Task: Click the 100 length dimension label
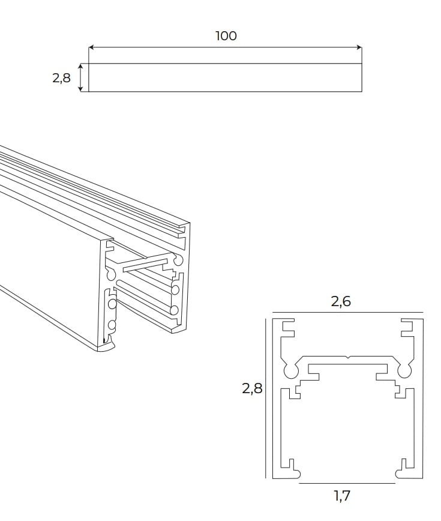226,36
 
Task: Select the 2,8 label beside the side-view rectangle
61,78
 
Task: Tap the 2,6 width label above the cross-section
341,302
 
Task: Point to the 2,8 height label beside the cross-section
252,388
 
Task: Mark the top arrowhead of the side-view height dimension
81,66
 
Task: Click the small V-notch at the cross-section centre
348,358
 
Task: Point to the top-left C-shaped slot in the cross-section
287,329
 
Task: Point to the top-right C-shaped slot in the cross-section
408,329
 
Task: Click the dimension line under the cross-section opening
347,483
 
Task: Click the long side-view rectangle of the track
225,78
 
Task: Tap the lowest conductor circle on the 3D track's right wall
175,310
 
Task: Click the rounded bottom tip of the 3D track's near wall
106,348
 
